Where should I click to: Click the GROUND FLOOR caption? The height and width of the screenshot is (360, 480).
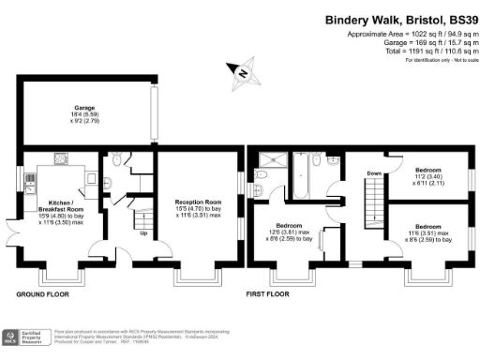click(x=43, y=294)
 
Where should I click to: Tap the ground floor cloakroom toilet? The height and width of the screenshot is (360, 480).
click(x=113, y=161)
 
